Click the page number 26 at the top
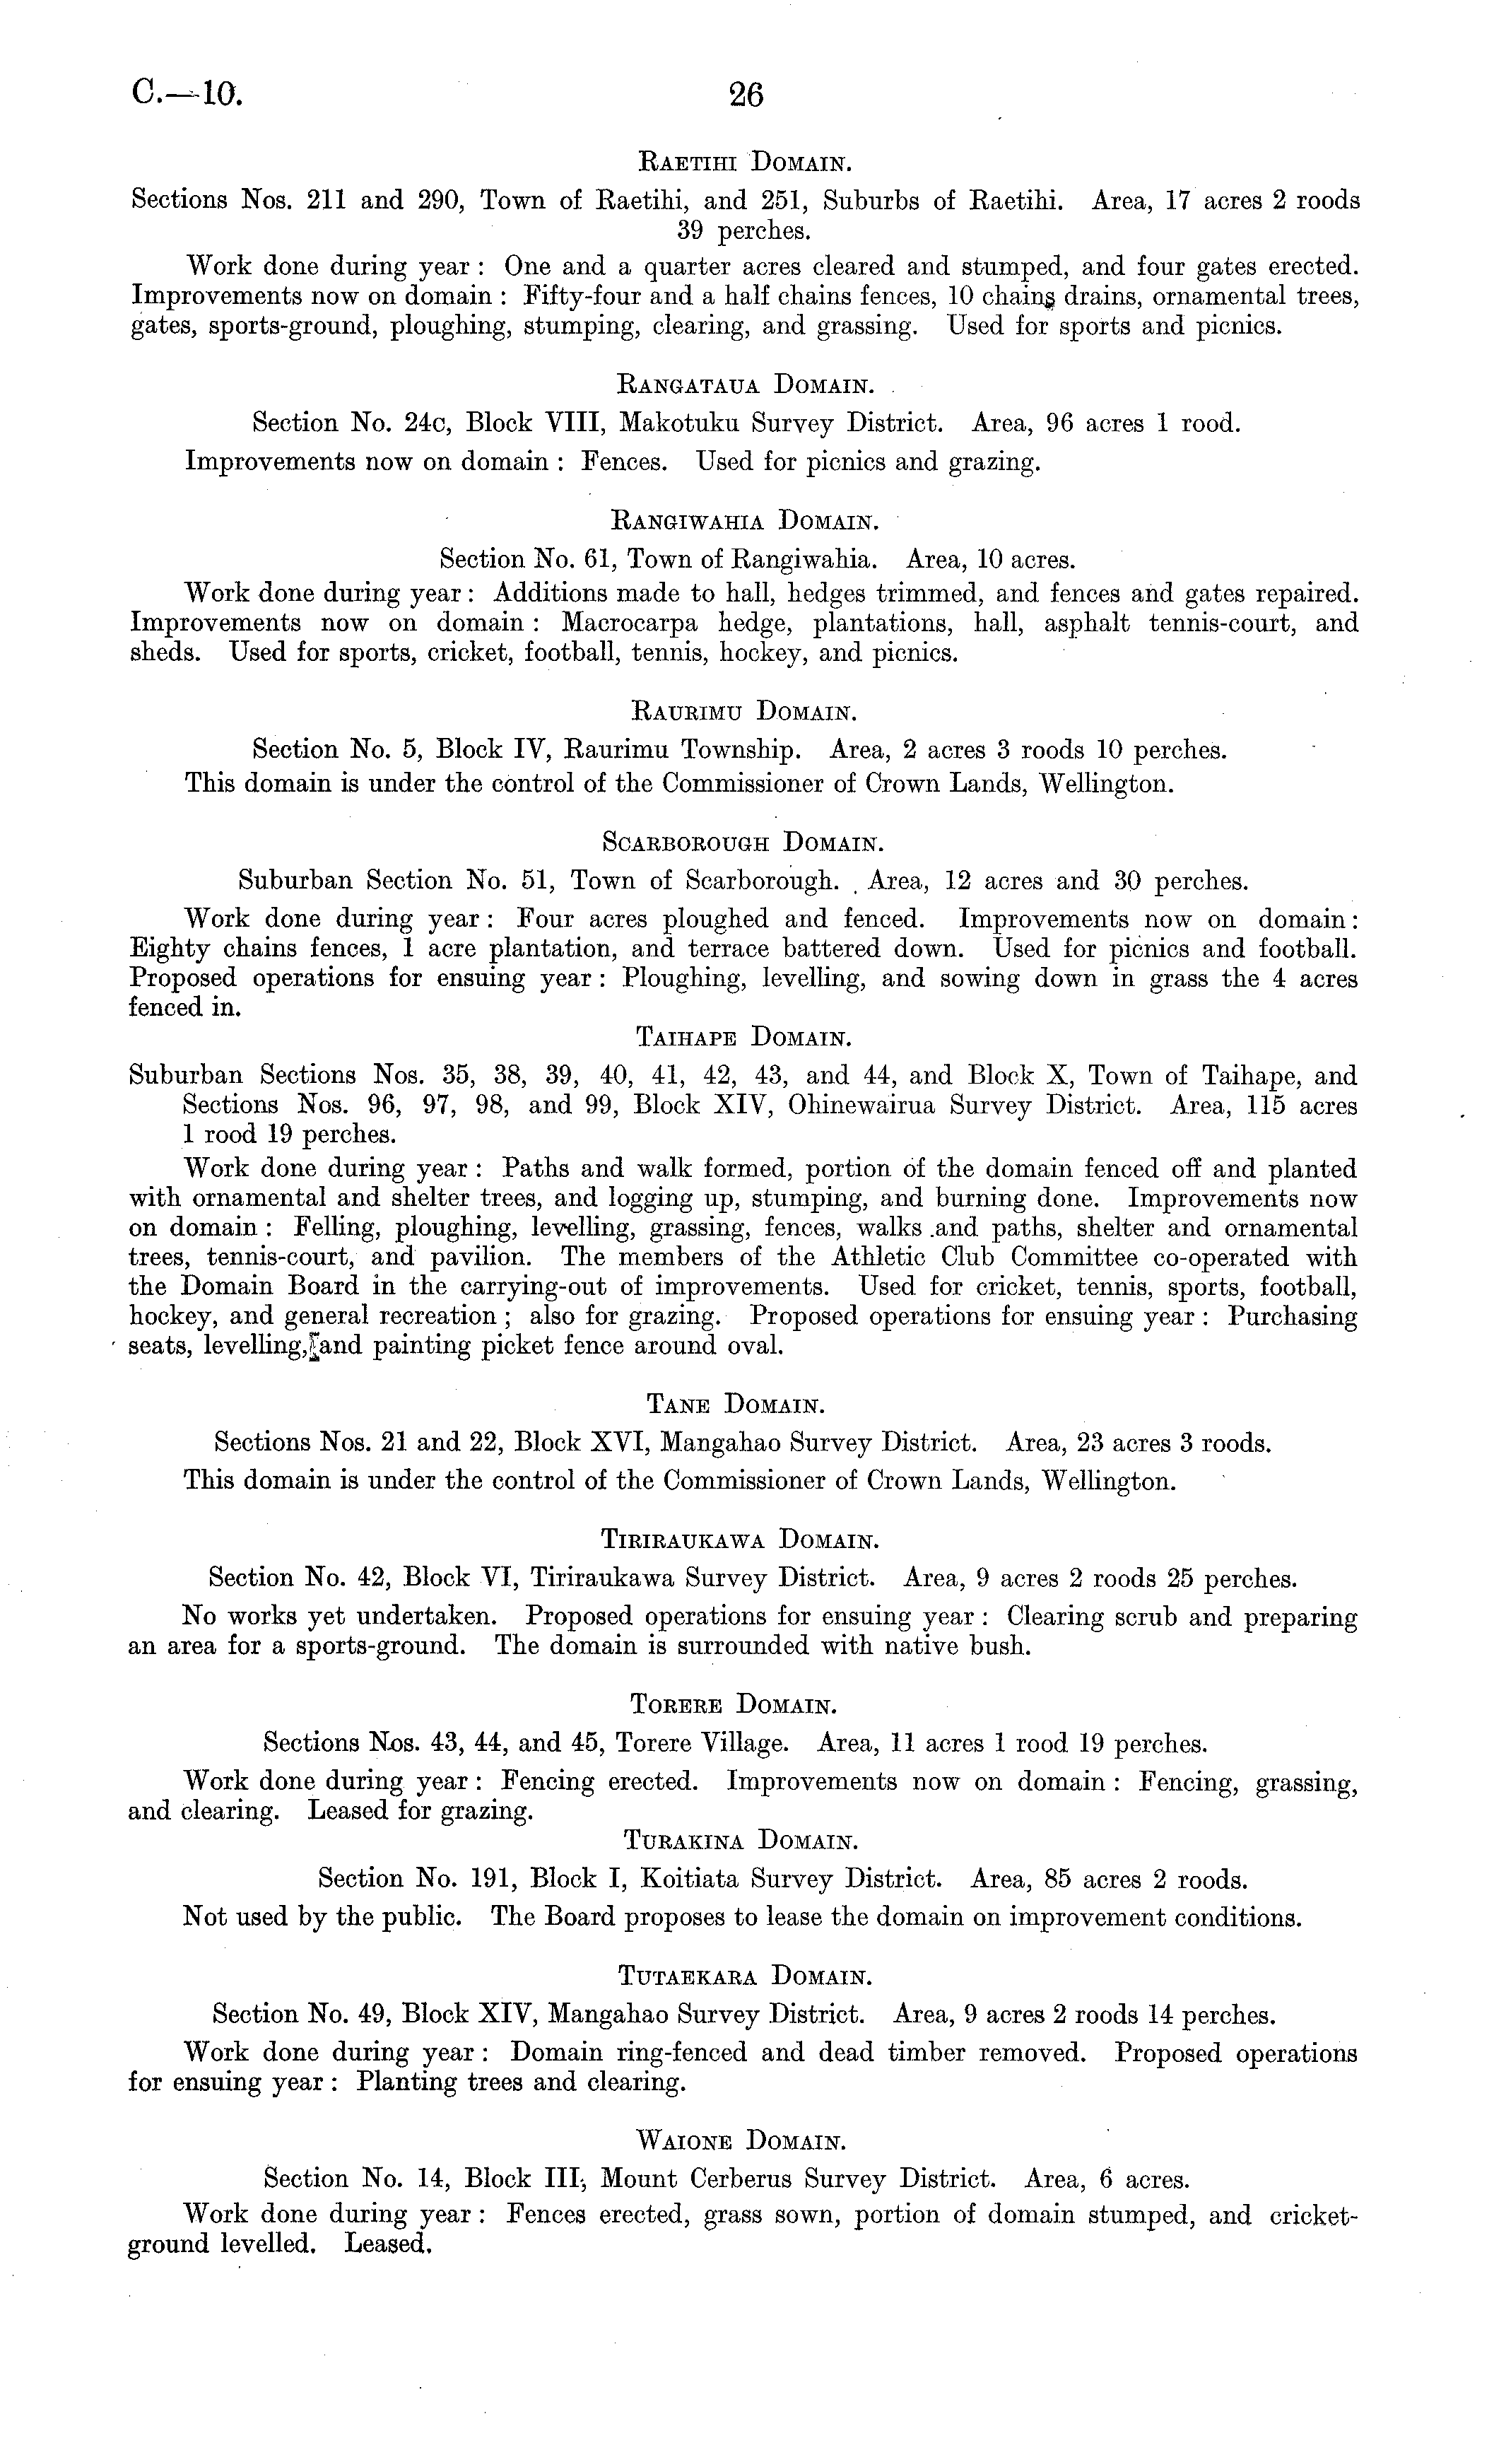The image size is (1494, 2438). coord(746,95)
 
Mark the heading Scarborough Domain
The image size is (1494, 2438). coord(742,844)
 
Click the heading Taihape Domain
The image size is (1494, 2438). coord(742,1038)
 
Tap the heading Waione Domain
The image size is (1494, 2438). coord(742,2142)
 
